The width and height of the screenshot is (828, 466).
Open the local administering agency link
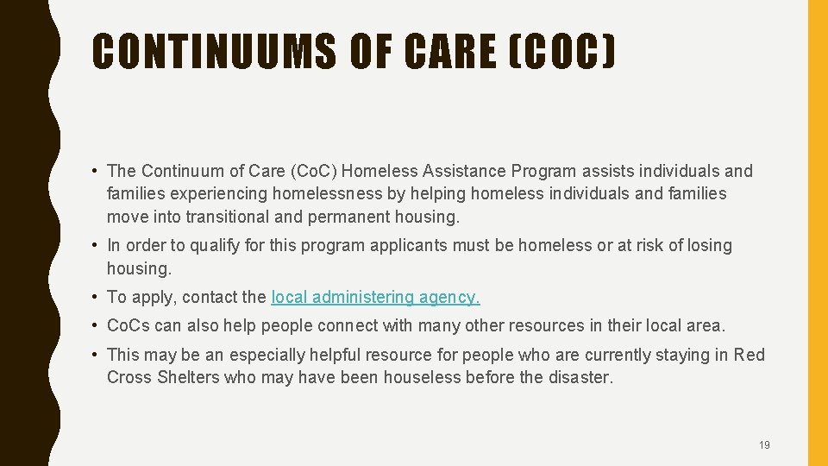pyautogui.click(x=375, y=297)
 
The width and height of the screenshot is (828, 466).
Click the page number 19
pyautogui.click(x=764, y=445)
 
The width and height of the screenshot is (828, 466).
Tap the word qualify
pyautogui.click(x=214, y=245)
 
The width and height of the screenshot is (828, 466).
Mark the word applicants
pyautogui.click(x=408, y=245)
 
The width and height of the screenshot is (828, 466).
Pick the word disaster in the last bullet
pyautogui.click(x=580, y=377)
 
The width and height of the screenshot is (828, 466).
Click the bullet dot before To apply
pyautogui.click(x=97, y=297)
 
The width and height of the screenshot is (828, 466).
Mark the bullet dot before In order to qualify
pyautogui.click(x=97, y=245)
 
